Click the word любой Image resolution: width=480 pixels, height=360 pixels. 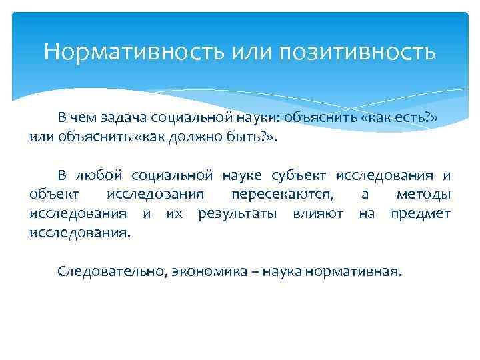click(x=99, y=175)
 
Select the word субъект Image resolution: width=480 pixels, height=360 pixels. click(x=299, y=175)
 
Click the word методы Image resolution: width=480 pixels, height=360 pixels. click(x=423, y=195)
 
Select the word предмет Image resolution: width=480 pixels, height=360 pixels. click(x=421, y=214)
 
